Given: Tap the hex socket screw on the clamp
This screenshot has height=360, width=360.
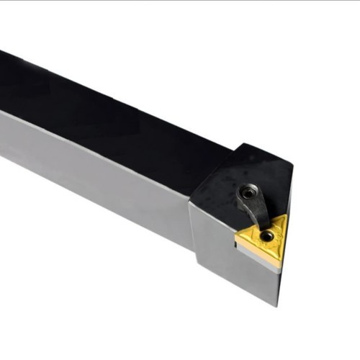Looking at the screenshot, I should click(x=248, y=192).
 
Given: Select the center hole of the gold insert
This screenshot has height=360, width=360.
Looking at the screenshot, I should click(x=267, y=235).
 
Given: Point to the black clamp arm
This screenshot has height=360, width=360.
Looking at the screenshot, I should click(x=256, y=210).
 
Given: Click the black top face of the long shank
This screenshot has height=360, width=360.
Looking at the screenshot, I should click(x=108, y=108).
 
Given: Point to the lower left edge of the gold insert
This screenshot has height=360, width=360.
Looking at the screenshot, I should click(x=258, y=254).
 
